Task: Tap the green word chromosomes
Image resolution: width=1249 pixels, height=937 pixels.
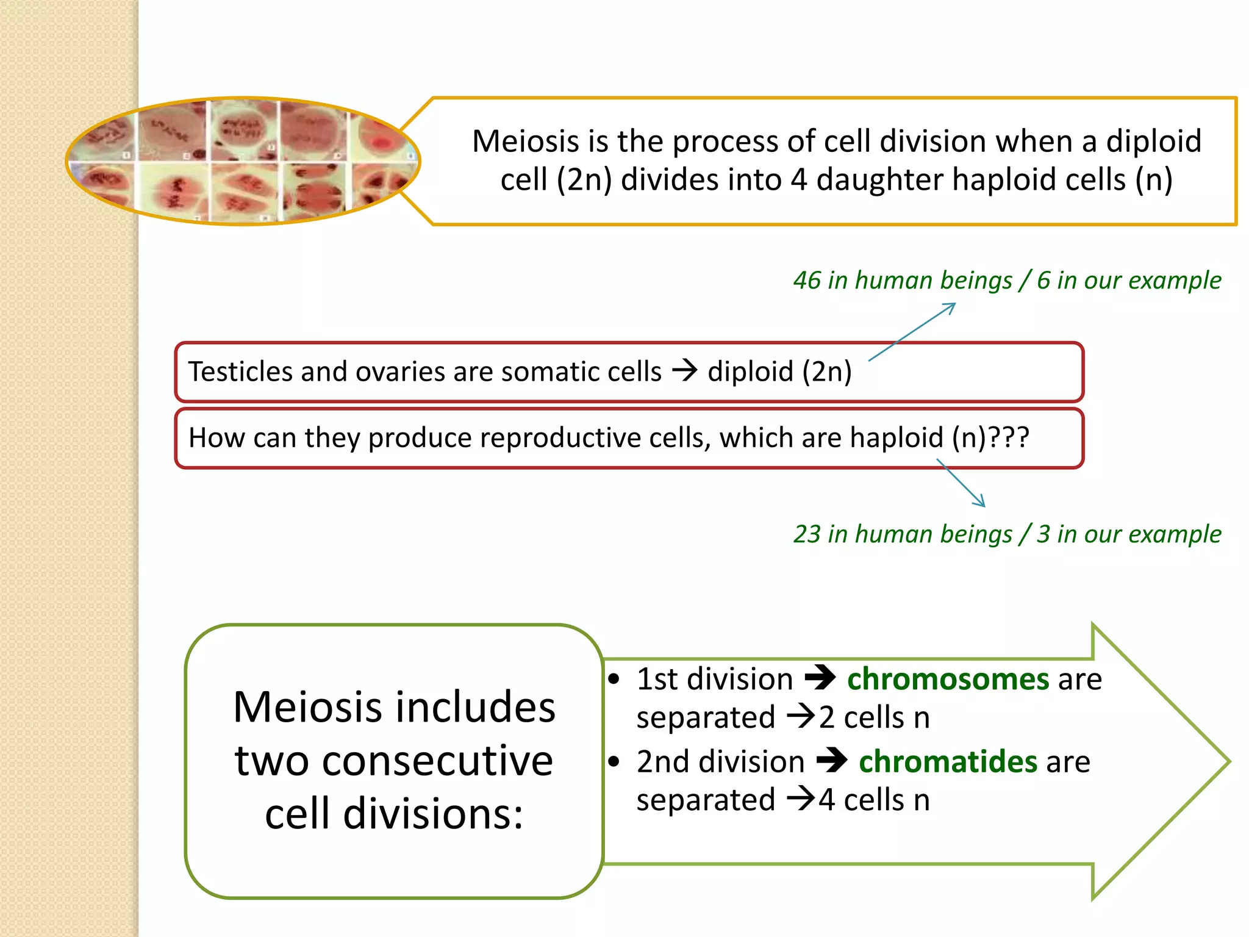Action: pyautogui.click(x=948, y=679)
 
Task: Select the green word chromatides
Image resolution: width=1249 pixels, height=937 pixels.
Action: pyautogui.click(x=948, y=762)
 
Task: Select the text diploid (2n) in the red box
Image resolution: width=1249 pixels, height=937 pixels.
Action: pyautogui.click(x=779, y=372)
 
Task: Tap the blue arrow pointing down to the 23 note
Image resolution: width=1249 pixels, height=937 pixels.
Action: pyautogui.click(x=961, y=483)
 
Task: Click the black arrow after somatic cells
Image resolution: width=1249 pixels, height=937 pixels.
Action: pyautogui.click(x=684, y=370)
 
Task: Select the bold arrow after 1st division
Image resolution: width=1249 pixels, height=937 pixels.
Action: pyautogui.click(x=820, y=678)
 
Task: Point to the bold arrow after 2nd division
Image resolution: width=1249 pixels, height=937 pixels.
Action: pyautogui.click(x=832, y=761)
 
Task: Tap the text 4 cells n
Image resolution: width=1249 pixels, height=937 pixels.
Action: pyautogui.click(x=874, y=800)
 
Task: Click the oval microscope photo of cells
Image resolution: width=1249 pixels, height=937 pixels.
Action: pyautogui.click(x=243, y=161)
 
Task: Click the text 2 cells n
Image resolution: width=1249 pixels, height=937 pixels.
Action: pyautogui.click(x=874, y=718)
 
